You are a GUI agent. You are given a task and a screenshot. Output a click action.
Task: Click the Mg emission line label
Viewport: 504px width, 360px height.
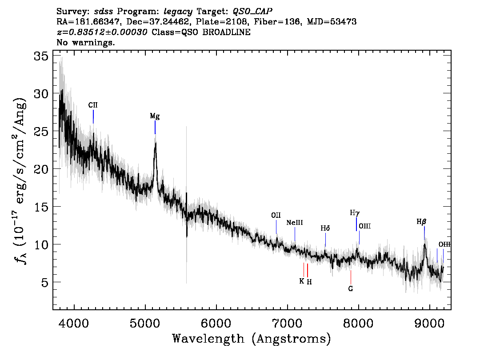pos(155,116)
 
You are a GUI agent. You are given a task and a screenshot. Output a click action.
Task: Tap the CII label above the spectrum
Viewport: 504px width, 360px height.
pos(93,105)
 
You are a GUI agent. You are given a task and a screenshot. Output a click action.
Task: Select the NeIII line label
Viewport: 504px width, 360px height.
pos(294,222)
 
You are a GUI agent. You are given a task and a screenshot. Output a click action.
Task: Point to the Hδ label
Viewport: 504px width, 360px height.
pos(325,228)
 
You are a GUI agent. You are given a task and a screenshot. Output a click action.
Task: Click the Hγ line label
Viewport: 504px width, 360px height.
pos(355,213)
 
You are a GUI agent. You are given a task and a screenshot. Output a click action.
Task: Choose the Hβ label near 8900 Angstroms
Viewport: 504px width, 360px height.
pos(421,222)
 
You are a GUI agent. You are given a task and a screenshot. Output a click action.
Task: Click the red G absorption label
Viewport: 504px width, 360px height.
pos(351,288)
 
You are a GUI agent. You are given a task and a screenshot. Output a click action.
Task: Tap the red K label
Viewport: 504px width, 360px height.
pos(301,281)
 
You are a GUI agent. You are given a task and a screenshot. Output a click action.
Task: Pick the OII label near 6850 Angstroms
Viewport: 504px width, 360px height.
pos(276,216)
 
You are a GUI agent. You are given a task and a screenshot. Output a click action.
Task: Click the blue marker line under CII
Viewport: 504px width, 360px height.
pos(93,117)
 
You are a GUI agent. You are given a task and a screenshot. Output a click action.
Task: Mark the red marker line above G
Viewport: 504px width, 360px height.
pos(351,277)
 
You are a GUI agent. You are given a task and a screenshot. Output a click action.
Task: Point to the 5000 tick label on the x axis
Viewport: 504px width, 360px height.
pos(145,323)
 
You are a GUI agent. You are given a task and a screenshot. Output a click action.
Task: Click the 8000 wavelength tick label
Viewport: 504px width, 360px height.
pos(358,323)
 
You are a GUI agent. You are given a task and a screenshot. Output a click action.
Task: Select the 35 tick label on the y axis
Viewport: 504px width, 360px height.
pos(41,56)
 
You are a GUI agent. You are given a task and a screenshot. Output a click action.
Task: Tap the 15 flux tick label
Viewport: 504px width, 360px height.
pos(41,207)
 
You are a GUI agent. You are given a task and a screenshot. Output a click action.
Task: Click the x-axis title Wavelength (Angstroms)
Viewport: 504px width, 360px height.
pos(252,339)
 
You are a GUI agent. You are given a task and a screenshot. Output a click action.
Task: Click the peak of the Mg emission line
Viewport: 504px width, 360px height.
pos(156,143)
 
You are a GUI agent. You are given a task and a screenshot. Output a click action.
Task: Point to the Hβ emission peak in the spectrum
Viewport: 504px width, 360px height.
pos(424,244)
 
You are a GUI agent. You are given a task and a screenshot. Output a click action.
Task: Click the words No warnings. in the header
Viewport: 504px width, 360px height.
pos(85,42)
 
